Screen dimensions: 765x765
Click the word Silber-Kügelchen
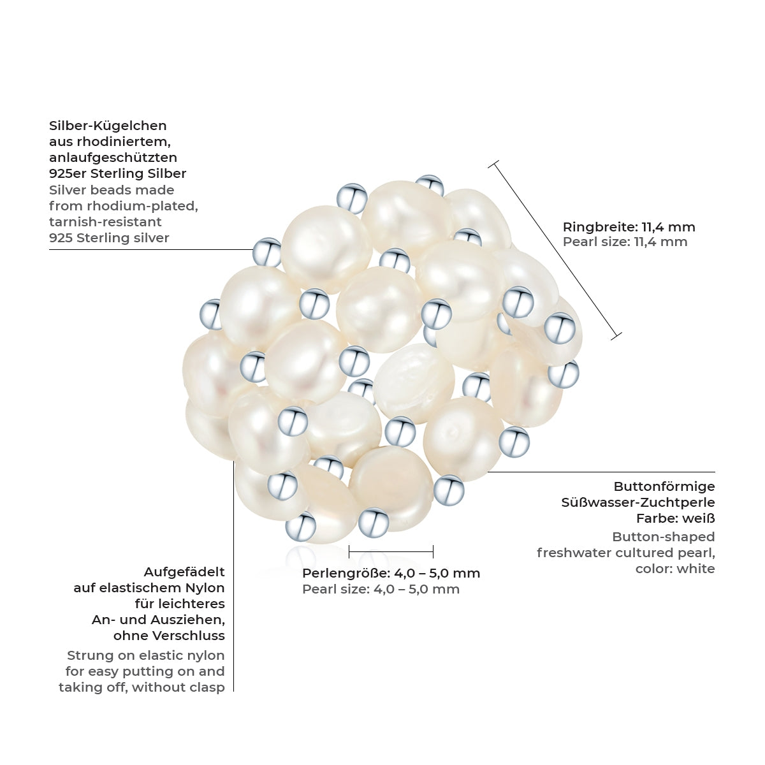(108, 126)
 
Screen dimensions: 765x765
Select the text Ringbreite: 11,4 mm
(629, 227)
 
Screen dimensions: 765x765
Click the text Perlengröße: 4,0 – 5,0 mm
(391, 573)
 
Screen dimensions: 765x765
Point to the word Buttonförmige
(664, 486)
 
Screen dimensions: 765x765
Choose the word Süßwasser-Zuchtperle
(638, 502)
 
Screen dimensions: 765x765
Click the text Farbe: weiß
(675, 518)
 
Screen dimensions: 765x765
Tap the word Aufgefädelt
(184, 572)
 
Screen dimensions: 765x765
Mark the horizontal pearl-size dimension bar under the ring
(391, 551)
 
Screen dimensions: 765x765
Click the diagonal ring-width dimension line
(555, 251)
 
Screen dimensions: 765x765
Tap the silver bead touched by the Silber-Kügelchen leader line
(266, 252)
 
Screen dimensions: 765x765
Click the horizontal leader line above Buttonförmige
(601, 472)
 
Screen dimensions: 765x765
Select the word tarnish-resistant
(105, 222)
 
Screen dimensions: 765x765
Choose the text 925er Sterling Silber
(117, 174)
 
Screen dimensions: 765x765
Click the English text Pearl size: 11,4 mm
(625, 242)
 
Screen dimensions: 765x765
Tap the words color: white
(675, 569)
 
